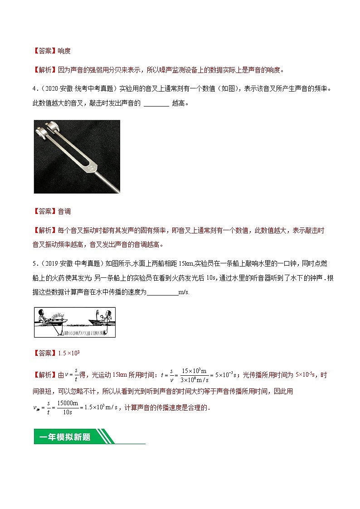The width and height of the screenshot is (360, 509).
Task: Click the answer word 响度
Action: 64,51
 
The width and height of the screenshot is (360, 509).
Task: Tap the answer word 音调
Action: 64,211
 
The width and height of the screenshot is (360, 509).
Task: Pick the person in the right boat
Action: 107,316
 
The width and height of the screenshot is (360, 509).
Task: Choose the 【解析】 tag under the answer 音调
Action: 45,230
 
